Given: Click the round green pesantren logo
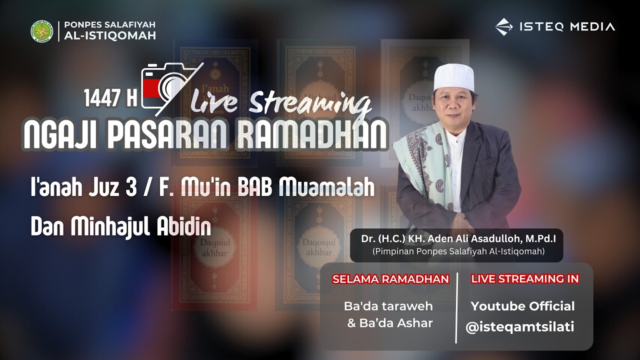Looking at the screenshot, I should click(x=41, y=31).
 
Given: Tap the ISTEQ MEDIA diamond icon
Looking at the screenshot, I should click(x=504, y=27).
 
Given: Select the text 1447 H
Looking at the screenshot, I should click(x=110, y=98).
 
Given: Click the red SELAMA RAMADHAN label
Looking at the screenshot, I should click(x=390, y=279).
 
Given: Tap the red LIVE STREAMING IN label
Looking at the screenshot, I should click(x=524, y=279).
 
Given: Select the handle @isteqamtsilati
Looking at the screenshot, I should click(x=519, y=327).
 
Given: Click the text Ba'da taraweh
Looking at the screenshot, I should click(x=388, y=306).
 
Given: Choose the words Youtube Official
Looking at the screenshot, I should click(x=522, y=306).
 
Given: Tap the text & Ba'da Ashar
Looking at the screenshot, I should click(x=390, y=323).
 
